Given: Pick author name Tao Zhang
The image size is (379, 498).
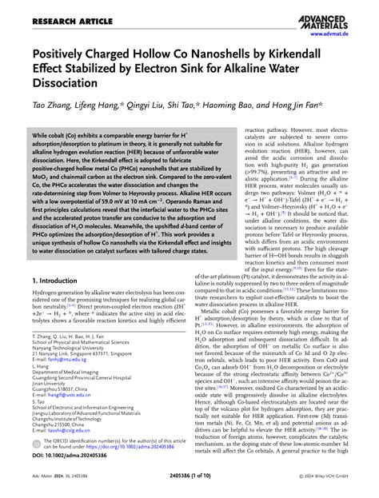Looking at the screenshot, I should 53,106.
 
